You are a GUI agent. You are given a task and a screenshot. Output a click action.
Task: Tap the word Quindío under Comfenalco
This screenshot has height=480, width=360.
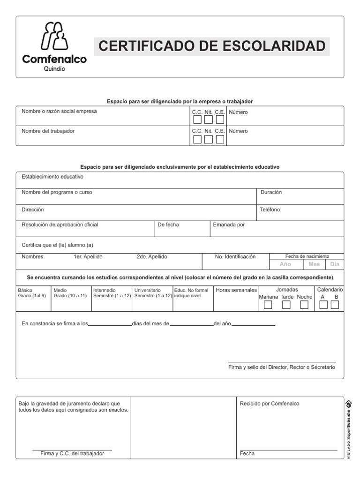(x=54, y=68)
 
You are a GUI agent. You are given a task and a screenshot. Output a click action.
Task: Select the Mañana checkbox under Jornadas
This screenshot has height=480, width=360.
(x=268, y=305)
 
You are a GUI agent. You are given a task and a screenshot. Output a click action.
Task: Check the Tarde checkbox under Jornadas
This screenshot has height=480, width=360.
(x=286, y=305)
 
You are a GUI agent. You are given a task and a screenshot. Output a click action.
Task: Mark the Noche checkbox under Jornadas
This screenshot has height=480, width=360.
(x=304, y=305)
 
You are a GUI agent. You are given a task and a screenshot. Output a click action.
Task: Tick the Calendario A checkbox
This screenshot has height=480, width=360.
(x=323, y=305)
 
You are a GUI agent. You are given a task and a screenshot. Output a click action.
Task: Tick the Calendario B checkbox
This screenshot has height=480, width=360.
(x=335, y=305)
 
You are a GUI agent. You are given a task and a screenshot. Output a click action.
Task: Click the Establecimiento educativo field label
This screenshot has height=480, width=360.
(x=52, y=177)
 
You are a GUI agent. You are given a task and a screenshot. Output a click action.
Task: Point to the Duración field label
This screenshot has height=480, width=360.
(x=271, y=192)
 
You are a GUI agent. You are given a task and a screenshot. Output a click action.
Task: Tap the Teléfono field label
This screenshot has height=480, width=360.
(x=270, y=210)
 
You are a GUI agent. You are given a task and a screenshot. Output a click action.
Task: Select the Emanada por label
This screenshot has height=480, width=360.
(x=229, y=225)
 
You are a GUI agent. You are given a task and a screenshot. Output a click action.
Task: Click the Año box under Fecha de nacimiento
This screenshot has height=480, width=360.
(x=285, y=264)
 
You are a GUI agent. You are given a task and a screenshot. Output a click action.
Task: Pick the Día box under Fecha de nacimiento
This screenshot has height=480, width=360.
(x=335, y=264)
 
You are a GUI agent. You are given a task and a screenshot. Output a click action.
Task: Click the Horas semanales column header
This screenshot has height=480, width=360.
(x=236, y=290)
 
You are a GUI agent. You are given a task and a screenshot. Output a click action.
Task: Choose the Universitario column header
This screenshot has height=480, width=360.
(x=147, y=290)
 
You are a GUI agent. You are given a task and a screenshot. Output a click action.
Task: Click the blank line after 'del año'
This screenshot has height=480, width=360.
(x=253, y=323)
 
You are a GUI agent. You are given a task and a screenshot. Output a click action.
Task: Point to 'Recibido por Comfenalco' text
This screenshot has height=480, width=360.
(x=269, y=404)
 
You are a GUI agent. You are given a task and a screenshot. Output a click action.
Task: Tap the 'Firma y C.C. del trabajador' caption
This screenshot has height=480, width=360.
(x=72, y=454)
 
